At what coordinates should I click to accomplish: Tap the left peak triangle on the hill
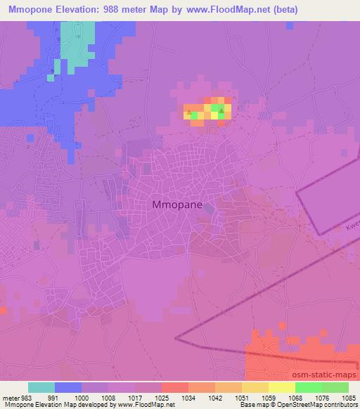[187, 112]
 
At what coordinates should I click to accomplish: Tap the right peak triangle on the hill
[221, 111]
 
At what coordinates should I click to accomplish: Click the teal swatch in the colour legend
[41, 387]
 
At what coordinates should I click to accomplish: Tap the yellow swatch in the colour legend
[281, 387]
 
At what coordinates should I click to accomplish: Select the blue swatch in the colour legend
[68, 387]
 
